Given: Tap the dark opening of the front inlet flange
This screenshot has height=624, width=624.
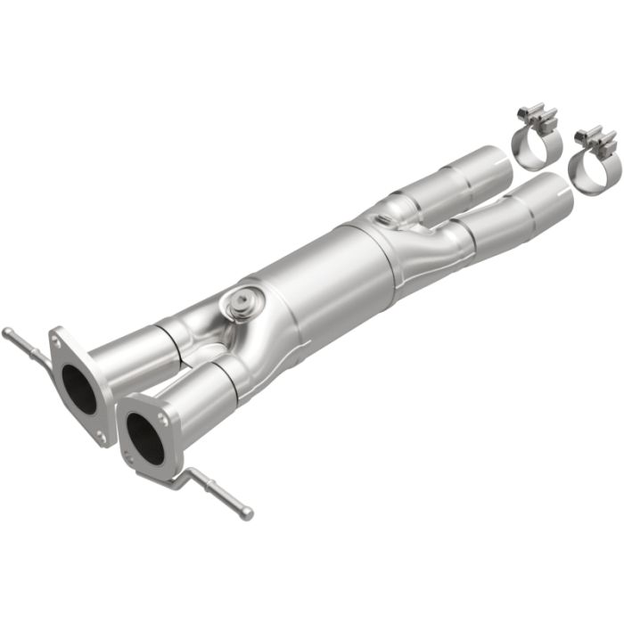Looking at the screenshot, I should coord(144,438).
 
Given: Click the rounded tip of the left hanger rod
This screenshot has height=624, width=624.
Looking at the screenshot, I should coord(6,333).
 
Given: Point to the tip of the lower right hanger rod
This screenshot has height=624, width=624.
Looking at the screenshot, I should coord(248,514).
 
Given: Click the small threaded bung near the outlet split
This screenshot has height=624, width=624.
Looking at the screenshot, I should coord(382,220).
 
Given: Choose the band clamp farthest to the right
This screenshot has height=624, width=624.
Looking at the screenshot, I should coord(590,169).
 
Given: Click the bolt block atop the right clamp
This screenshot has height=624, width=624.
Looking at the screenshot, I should coord(595,139).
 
